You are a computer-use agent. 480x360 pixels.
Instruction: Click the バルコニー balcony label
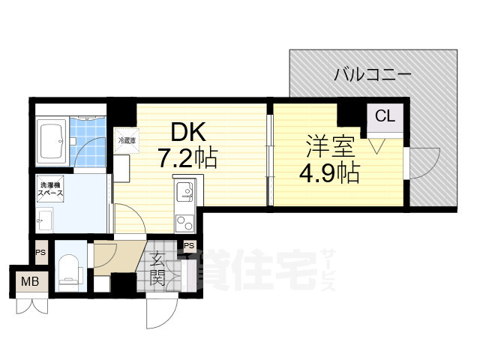pos(372,74)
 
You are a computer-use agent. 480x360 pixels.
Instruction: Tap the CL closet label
pos(384,116)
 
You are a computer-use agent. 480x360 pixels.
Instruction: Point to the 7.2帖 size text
pos(187,157)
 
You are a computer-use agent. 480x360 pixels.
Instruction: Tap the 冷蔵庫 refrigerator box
pos(124,139)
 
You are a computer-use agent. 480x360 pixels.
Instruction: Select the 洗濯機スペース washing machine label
pos(50,188)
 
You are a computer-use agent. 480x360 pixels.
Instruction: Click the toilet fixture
pos(68,269)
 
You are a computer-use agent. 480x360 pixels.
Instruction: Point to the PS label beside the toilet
pos(40,252)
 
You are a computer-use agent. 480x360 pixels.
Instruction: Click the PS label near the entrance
pos(189,246)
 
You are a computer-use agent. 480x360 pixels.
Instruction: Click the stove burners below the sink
pos(183,221)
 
